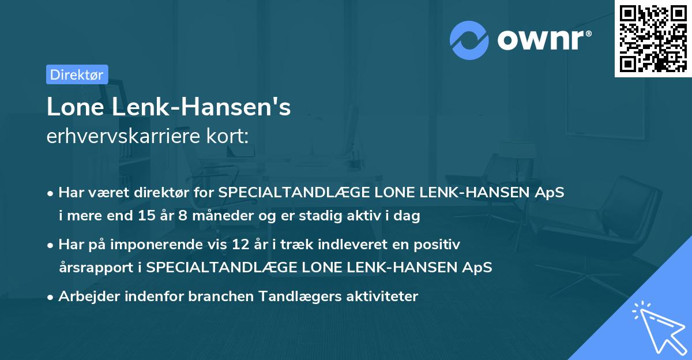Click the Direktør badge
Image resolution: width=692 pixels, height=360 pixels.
(x=77, y=74)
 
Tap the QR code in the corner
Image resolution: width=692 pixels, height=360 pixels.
(x=653, y=39)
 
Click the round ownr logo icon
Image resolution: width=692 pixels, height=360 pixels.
(x=469, y=40)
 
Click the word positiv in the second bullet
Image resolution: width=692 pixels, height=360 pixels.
(x=440, y=245)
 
